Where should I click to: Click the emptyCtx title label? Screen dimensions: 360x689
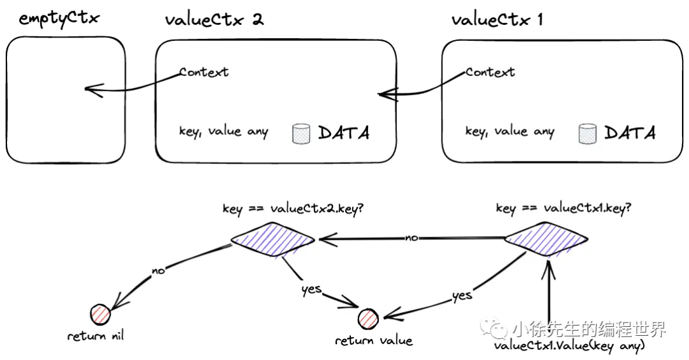pos(59,19)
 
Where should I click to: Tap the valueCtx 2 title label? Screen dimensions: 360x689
pos(214,19)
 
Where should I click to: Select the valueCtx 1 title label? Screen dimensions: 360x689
pos(497,19)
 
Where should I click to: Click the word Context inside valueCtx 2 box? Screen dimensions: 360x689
pos(204,71)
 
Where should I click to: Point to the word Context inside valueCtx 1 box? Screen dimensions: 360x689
pos(490,71)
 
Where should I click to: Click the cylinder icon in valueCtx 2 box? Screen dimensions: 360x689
pos(301,133)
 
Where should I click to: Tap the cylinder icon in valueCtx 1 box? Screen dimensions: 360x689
pos(587,133)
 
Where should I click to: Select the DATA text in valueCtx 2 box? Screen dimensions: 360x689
pos(343,133)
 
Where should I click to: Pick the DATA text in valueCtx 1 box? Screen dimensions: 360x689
pos(630,133)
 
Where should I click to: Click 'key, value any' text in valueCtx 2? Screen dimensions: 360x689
pos(223,132)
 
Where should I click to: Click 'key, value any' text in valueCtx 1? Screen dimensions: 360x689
pos(509,132)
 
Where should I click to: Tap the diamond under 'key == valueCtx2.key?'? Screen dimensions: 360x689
pos(273,240)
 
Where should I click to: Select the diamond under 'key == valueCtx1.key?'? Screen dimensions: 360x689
pos(545,240)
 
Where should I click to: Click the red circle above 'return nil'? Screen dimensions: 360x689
pos(101,314)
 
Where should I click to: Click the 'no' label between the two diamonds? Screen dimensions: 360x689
pos(411,238)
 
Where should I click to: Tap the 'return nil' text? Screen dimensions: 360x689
pos(96,335)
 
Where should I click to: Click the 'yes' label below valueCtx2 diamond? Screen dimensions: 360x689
pos(311,289)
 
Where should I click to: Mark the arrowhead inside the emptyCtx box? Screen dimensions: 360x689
pos(89,89)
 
